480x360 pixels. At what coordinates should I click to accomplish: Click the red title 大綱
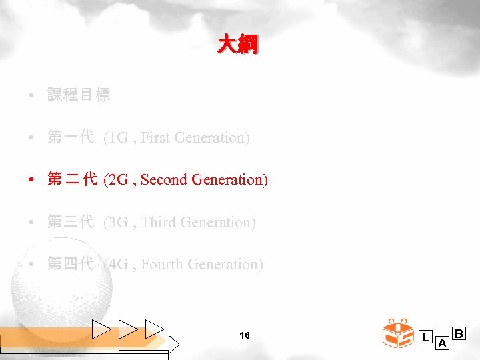pos(237,45)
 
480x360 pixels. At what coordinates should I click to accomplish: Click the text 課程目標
pos(79,95)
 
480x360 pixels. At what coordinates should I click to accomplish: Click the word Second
pos(165,180)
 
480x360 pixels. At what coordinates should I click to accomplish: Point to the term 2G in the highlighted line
pos(121,180)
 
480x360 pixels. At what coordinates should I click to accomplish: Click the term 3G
pos(121,223)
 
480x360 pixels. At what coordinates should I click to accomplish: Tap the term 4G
pos(121,265)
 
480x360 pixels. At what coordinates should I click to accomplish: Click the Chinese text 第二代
pos(73,180)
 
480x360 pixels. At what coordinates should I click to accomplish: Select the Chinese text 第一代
pos(71,138)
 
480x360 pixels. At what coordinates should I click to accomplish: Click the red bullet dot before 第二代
pos(32,180)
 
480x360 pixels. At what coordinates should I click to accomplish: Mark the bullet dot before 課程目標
pos(32,96)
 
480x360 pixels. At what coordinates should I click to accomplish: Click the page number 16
pos(244,335)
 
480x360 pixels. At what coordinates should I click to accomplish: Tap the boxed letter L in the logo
pos(425,337)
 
